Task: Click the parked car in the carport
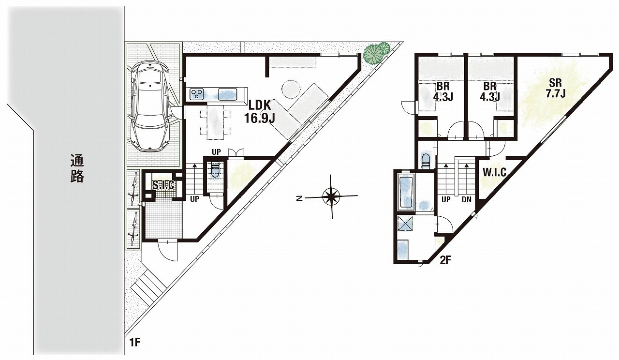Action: click(150, 106)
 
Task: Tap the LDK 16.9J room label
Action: click(259, 111)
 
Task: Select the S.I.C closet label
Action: click(163, 185)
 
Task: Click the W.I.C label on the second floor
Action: click(494, 172)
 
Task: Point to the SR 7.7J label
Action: click(556, 88)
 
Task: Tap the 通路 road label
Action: click(77, 168)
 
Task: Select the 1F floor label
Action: click(135, 343)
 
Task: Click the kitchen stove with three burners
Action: click(196, 93)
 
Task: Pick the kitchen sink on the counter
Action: click(228, 94)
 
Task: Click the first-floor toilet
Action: click(215, 170)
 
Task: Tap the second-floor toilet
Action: click(426, 161)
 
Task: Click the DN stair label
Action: click(467, 199)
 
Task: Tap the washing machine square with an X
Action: click(405, 223)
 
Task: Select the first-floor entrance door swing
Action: click(168, 250)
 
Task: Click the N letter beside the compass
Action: click(299, 198)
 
